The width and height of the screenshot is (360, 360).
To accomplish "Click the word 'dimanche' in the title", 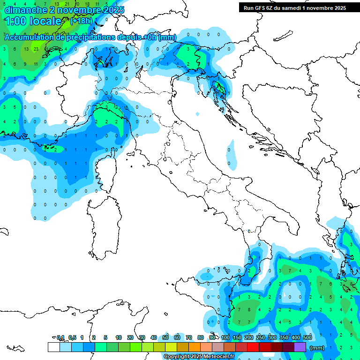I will click(x=23, y=10).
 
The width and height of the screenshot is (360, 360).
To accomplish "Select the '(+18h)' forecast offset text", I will click(x=81, y=21).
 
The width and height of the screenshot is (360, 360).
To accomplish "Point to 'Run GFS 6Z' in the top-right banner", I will click(x=258, y=8).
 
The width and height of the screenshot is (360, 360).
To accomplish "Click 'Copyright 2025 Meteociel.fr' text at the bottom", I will click(x=199, y=357).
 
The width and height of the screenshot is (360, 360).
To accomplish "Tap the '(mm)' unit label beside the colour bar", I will click(x=317, y=348).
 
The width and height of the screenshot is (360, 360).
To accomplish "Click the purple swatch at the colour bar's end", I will click(x=300, y=347).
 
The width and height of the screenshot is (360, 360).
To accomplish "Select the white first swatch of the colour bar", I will click(x=53, y=347).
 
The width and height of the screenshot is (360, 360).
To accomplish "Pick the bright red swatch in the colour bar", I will click(x=253, y=347).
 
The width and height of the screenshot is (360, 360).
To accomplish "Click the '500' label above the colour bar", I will click(x=307, y=337).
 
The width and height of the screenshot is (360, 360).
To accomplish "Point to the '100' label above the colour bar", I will click(x=225, y=337).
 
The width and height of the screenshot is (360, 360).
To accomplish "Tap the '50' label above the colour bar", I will click(x=165, y=337).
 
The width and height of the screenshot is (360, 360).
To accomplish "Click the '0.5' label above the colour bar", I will click(x=72, y=337).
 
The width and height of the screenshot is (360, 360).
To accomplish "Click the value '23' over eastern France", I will click(x=36, y=49).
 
